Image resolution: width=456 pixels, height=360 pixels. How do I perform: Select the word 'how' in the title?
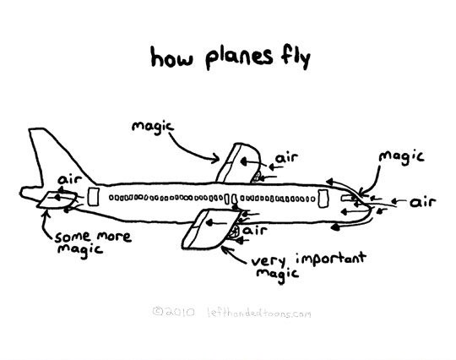click(171, 57)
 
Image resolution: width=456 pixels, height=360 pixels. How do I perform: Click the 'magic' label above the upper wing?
click(153, 128)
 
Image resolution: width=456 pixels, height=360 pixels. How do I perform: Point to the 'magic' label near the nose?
click(402, 157)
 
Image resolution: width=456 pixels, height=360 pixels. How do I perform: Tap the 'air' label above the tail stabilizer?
click(70, 179)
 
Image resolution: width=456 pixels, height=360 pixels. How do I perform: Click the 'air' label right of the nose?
click(423, 202)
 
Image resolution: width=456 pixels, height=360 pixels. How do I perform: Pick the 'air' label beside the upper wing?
click(287, 158)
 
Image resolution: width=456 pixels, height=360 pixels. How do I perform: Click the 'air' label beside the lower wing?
click(255, 230)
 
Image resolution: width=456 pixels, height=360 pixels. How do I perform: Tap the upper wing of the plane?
click(239, 163)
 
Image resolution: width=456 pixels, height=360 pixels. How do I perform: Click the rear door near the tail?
click(94, 197)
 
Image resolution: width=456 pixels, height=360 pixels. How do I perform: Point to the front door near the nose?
click(323, 199)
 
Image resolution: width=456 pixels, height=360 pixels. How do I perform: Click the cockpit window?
click(348, 199)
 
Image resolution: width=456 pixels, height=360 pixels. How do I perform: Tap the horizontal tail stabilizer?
click(57, 199)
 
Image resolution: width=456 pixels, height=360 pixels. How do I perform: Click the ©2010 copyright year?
click(174, 312)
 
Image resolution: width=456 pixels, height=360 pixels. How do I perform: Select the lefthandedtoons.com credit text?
click(259, 313)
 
